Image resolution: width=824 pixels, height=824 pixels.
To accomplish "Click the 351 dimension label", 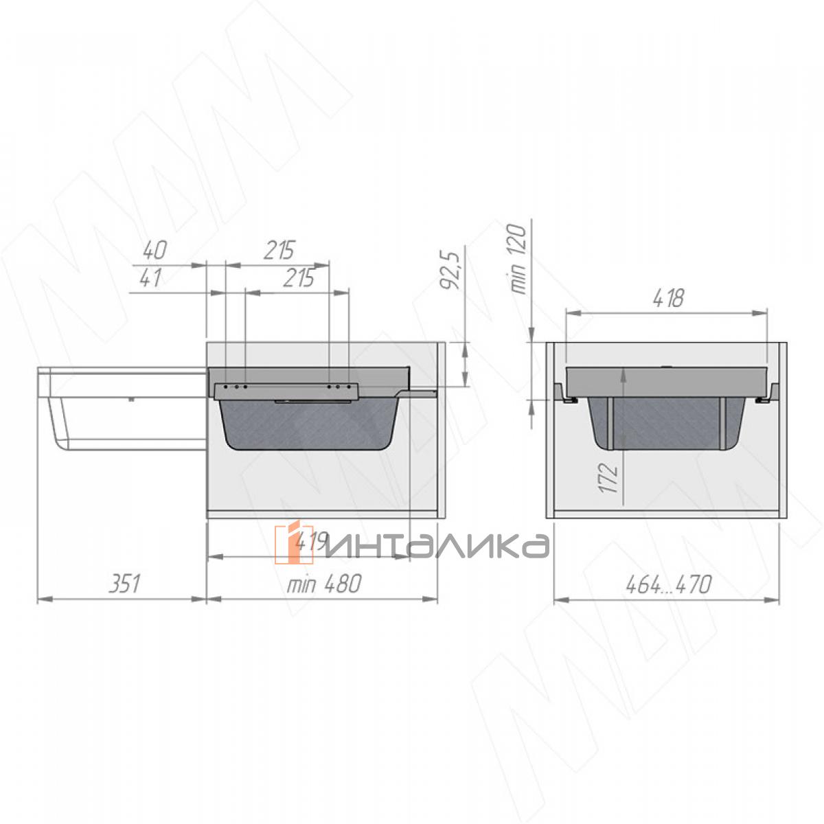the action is click(x=125, y=584).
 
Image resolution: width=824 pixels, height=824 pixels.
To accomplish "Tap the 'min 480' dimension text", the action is click(x=324, y=584).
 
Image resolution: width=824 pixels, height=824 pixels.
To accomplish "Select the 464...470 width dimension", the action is click(x=668, y=584).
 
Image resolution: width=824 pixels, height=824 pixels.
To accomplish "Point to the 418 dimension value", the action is click(x=668, y=298).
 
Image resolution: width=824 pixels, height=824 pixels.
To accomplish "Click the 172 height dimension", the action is click(x=609, y=478).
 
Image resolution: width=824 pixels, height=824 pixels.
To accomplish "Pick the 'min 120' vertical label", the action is click(x=518, y=260).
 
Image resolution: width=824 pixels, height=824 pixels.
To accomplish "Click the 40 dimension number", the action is click(x=154, y=251).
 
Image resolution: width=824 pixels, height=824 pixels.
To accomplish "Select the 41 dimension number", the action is click(x=150, y=278).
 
